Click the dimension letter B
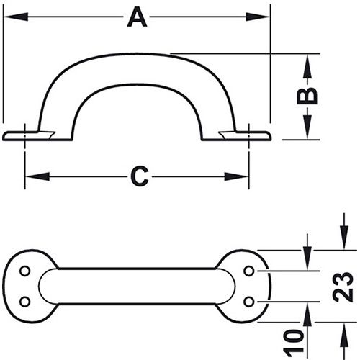[x=308, y=96]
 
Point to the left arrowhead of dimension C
[x=33, y=176]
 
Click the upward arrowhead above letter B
[x=308, y=63]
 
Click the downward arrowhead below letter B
[x=308, y=130]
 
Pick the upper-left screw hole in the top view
[x=25, y=271]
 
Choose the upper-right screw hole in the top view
[x=250, y=271]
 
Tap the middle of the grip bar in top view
[x=137, y=286]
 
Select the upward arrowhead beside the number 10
[x=308, y=311]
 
